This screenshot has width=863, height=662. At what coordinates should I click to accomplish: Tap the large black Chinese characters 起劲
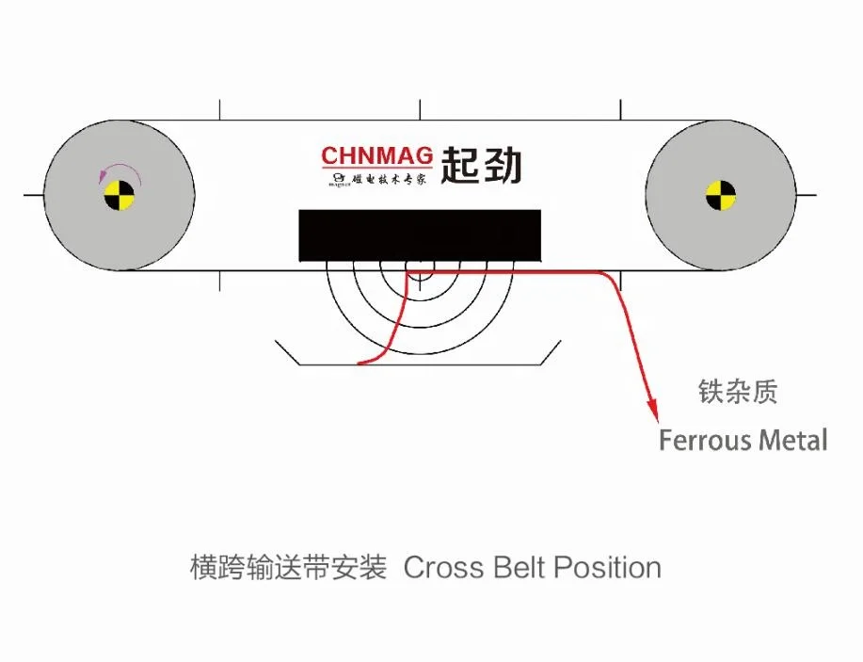[x=481, y=165]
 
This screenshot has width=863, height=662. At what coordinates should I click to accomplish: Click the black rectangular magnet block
[x=420, y=235]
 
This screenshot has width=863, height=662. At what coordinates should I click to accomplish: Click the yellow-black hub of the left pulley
[x=120, y=196]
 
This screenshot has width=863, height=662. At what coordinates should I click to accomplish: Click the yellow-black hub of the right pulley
[x=721, y=196]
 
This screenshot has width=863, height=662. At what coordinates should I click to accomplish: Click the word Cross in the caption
[x=439, y=568]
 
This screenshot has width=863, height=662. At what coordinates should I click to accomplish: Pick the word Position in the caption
[x=607, y=568]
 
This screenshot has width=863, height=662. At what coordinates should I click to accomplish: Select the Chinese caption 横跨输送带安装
[x=288, y=568]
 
